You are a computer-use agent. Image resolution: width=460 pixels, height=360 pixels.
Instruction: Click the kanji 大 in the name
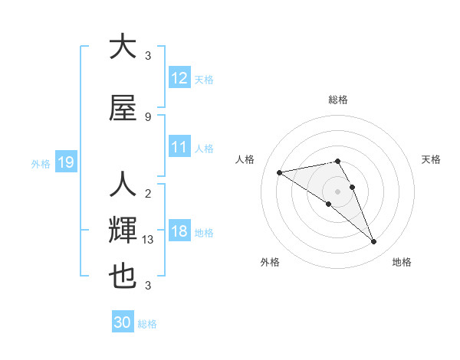(x=123, y=47)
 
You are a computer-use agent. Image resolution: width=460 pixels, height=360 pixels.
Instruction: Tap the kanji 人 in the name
(x=123, y=185)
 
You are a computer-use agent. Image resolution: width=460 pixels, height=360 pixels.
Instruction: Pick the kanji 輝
(x=123, y=231)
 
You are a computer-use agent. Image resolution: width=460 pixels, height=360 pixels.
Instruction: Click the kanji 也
(x=123, y=277)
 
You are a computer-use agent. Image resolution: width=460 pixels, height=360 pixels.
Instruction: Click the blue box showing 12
(x=179, y=78)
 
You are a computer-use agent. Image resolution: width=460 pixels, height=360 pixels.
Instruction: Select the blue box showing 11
(x=179, y=147)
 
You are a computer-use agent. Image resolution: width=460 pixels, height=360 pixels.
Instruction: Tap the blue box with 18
(x=179, y=231)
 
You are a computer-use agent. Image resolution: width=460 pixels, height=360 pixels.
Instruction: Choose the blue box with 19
(x=65, y=162)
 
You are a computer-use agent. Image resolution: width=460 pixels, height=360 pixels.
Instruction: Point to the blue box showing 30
(x=123, y=322)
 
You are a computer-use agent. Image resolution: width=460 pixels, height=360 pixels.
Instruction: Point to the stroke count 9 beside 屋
(x=148, y=116)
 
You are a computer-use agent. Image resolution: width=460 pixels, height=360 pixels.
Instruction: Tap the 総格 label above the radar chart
(x=338, y=100)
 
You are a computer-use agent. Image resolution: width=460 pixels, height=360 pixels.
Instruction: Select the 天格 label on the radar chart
(x=431, y=159)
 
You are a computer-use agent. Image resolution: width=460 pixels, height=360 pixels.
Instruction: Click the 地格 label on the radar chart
(x=402, y=262)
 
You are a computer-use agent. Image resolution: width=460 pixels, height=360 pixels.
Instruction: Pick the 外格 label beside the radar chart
(x=270, y=262)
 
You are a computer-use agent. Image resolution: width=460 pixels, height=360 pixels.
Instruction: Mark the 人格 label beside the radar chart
(x=245, y=159)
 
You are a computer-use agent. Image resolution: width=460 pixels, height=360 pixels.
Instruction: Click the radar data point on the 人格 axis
(x=279, y=172)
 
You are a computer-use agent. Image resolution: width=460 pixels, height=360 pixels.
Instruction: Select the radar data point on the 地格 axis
(x=374, y=242)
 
